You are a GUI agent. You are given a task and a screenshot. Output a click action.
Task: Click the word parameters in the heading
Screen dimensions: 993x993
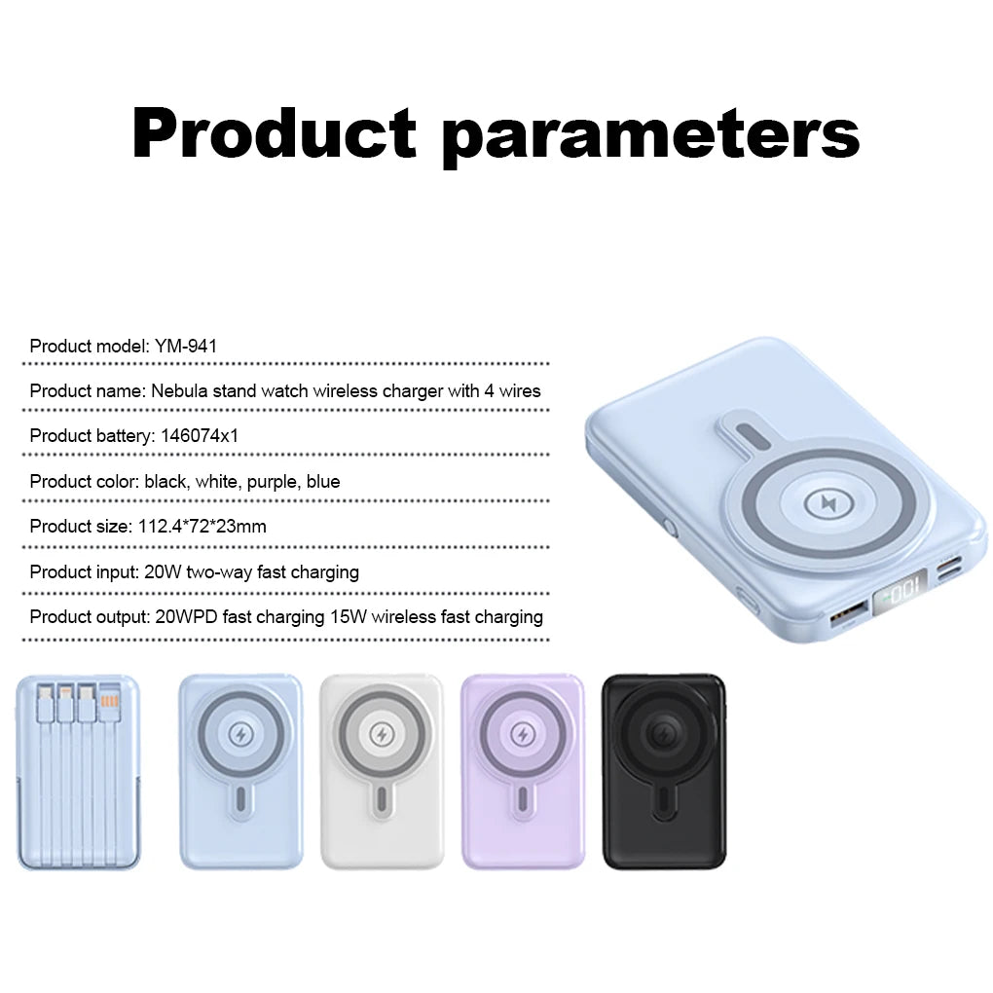click(x=650, y=136)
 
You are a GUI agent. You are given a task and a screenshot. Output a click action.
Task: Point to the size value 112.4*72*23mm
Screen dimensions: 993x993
click(x=200, y=527)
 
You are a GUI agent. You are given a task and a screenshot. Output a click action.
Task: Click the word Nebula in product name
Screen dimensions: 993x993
click(x=178, y=391)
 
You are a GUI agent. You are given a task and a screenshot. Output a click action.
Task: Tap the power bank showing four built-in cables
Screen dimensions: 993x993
click(x=79, y=771)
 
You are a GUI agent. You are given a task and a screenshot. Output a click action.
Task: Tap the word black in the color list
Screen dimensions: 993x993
click(x=165, y=482)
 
